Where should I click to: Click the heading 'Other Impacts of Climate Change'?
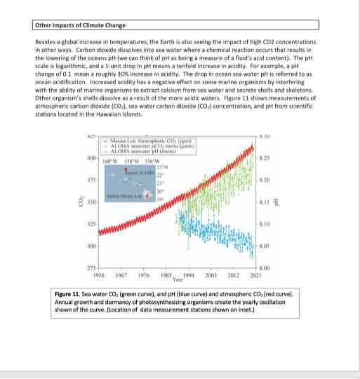tap(80, 26)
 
